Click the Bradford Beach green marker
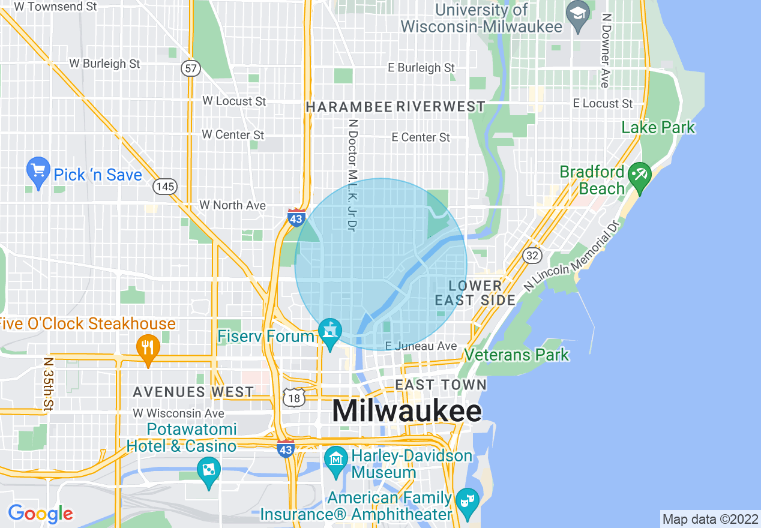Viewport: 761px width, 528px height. point(639,176)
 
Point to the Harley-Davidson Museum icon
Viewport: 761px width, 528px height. point(335,459)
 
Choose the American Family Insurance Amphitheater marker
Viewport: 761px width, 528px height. point(466,499)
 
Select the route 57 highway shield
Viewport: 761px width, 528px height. point(191,68)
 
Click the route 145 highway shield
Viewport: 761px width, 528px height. point(164,187)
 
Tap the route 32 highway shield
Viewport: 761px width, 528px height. point(532,256)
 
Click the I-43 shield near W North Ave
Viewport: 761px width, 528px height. point(296,218)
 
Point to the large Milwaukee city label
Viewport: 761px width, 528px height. point(406,412)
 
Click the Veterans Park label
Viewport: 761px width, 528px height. point(517,355)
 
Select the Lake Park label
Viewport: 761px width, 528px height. point(658,127)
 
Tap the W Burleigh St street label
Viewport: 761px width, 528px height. point(104,63)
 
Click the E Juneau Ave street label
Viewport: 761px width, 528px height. point(421,346)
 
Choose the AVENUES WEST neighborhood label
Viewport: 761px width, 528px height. point(193,392)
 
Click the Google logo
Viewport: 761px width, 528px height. point(41,514)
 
